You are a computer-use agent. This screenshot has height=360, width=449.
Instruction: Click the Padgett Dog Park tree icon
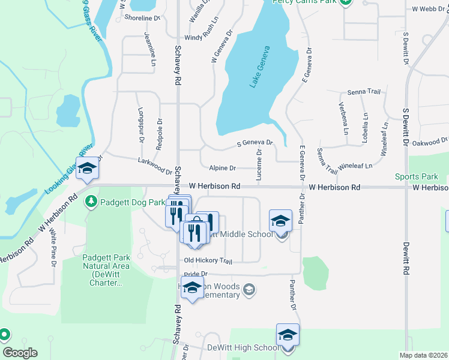(x=91, y=202)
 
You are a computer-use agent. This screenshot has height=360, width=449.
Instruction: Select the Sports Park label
(x=417, y=176)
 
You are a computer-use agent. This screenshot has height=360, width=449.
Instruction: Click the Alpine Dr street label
(x=223, y=169)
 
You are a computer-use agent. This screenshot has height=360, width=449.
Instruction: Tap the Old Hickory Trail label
(x=208, y=260)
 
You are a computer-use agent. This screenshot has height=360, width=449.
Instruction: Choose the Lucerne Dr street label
(x=259, y=164)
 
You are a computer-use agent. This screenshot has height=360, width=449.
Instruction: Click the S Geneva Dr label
(x=255, y=143)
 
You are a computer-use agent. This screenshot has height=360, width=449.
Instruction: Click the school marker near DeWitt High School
(x=288, y=335)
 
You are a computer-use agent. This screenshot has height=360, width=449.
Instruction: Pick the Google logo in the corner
(x=20, y=353)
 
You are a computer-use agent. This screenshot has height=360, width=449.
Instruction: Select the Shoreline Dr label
(x=142, y=18)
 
